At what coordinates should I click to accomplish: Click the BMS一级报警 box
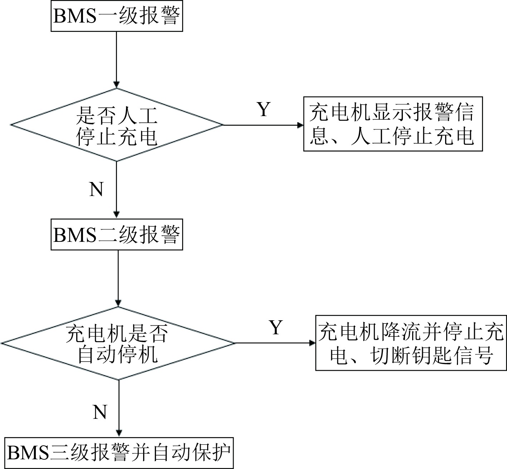pyautogui.click(x=117, y=16)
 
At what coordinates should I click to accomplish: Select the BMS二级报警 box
pyautogui.click(x=117, y=235)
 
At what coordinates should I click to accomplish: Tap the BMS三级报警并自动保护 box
pyautogui.click(x=119, y=453)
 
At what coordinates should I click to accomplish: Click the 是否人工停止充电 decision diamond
pyautogui.click(x=117, y=125)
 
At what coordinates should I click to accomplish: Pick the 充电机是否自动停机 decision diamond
pyautogui.click(x=118, y=343)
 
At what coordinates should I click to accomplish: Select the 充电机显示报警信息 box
pyautogui.click(x=393, y=124)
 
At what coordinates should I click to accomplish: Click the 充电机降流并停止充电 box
pyautogui.click(x=411, y=343)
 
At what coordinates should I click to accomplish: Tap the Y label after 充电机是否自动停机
pyautogui.click(x=276, y=327)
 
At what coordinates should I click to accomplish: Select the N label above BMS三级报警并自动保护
pyautogui.click(x=100, y=412)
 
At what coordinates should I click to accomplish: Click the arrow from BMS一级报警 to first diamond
pyautogui.click(x=116, y=59)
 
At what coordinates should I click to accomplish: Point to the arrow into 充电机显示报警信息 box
pyautogui.click(x=263, y=125)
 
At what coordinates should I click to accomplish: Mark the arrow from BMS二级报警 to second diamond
pyautogui.click(x=118, y=278)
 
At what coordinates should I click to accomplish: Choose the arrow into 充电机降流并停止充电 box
pyautogui.click(x=275, y=343)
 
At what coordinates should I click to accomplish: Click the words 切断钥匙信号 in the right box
pyautogui.click(x=433, y=355)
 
